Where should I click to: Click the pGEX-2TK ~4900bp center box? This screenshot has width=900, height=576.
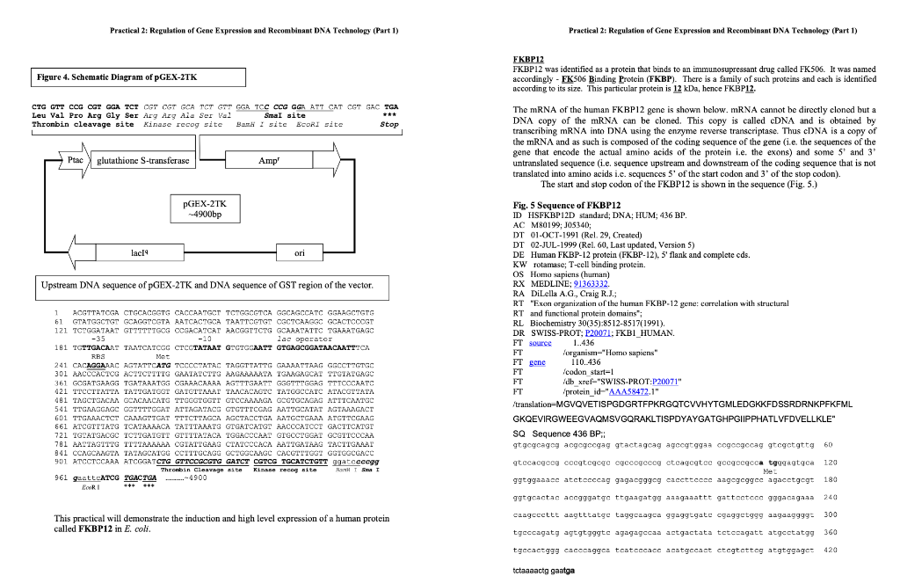(202, 208)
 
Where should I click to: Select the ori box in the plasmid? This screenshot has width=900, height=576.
(299, 253)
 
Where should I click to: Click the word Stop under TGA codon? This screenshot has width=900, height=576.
(389, 125)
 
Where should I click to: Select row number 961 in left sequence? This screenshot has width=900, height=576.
(61, 478)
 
